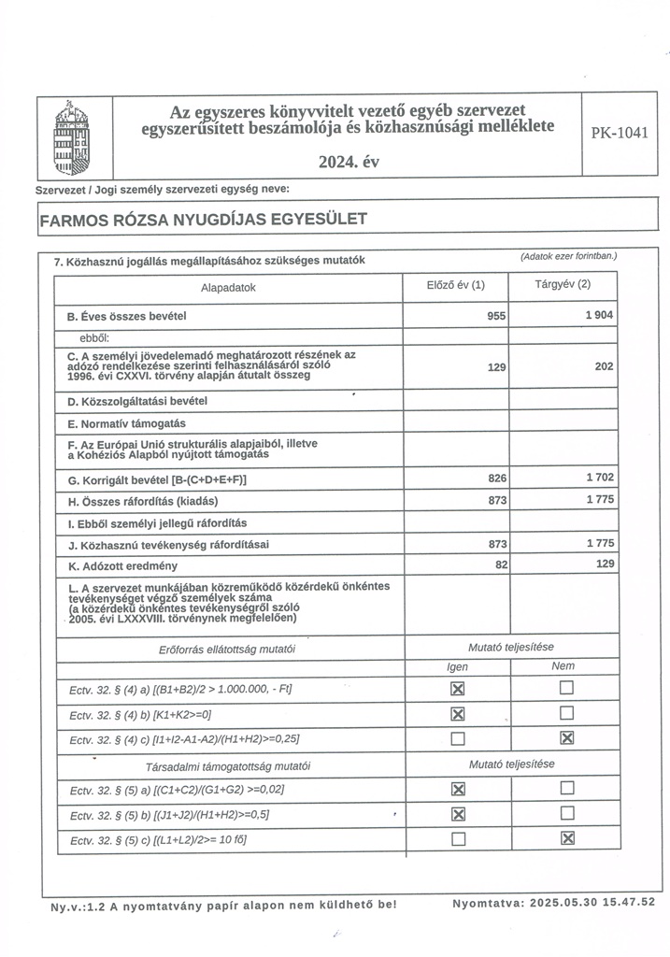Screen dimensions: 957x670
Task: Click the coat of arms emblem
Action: (77, 138)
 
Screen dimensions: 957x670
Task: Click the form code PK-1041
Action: (619, 133)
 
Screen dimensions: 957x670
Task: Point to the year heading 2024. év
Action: (349, 163)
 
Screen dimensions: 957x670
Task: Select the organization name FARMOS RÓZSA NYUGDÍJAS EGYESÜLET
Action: (203, 220)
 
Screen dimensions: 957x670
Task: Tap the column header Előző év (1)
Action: (455, 285)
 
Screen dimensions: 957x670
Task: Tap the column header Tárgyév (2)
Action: (563, 284)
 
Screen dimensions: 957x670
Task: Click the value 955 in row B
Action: (496, 317)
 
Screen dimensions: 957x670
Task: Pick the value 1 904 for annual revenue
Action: (599, 316)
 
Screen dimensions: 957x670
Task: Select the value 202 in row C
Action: (604, 366)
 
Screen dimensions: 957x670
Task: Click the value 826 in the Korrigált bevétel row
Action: (496, 478)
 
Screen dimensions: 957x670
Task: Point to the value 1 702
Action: (599, 478)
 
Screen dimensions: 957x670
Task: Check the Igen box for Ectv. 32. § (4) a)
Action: (458, 690)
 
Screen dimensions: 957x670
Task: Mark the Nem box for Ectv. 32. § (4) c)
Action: (565, 739)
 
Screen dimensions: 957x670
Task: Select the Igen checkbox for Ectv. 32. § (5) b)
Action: (458, 814)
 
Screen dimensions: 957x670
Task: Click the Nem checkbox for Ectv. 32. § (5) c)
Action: (565, 838)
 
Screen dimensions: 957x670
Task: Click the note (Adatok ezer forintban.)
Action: (568, 256)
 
